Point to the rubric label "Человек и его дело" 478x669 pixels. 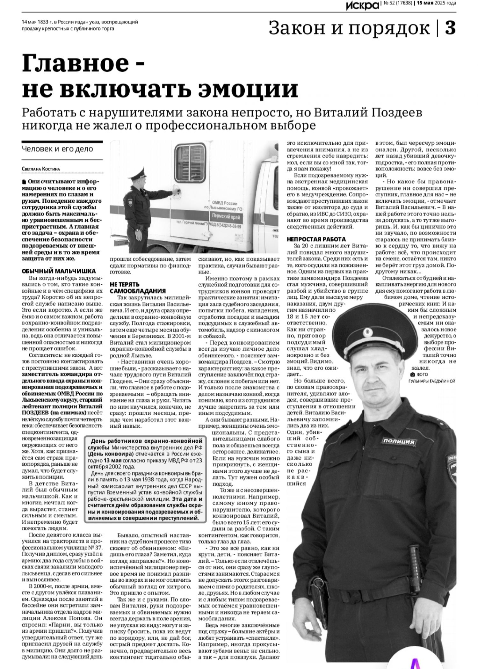(58, 149)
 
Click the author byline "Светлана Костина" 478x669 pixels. (41, 169)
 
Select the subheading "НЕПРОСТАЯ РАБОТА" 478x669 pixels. (316, 239)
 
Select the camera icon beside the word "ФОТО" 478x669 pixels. (412, 374)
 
